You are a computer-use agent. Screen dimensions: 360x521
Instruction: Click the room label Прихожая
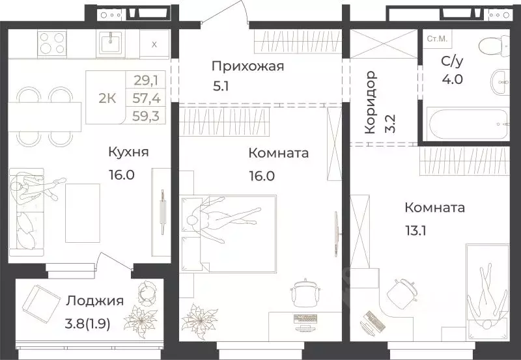[247, 66]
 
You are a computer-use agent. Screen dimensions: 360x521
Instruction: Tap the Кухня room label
[129, 152]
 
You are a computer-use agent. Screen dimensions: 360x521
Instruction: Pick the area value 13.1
[421, 228]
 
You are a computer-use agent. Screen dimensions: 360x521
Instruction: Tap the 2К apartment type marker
[107, 99]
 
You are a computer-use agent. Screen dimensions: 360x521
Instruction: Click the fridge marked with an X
[154, 44]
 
